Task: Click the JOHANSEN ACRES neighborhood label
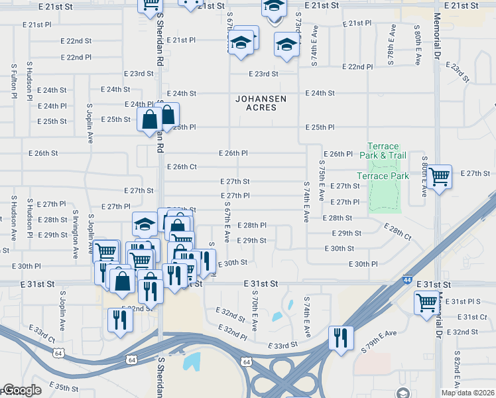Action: (x=261, y=103)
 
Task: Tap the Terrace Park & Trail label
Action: (x=383, y=151)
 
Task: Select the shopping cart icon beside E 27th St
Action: (x=439, y=177)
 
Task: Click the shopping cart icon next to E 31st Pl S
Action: (x=427, y=302)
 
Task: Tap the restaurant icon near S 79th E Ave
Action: (x=341, y=337)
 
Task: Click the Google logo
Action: (x=21, y=390)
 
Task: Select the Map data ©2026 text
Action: (x=467, y=393)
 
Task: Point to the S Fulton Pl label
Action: (x=13, y=81)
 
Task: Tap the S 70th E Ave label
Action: (x=255, y=310)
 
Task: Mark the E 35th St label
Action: (x=63, y=386)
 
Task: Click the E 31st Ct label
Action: (x=473, y=317)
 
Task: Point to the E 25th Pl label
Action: (x=320, y=127)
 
